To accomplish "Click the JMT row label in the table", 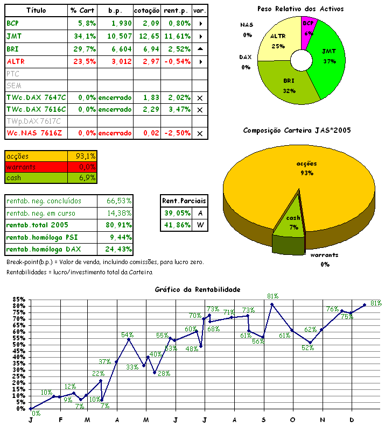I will (15, 36).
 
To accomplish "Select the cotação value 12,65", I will (151, 36).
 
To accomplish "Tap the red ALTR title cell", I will (16, 61).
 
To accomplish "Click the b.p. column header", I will (115, 10).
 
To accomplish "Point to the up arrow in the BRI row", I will (200, 48).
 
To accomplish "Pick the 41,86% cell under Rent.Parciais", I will (177, 225).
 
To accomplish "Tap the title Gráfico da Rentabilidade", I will (197, 289).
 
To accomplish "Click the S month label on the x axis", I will (263, 419).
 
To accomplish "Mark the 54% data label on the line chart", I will (127, 335).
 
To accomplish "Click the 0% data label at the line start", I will (36, 414).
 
